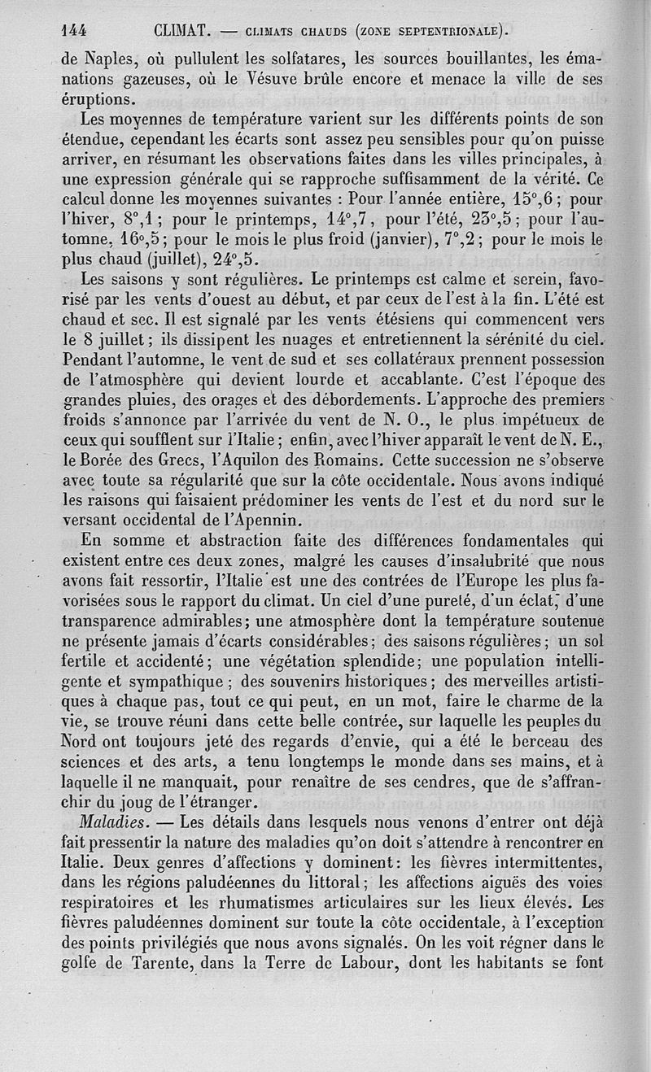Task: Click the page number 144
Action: pos(74,32)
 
